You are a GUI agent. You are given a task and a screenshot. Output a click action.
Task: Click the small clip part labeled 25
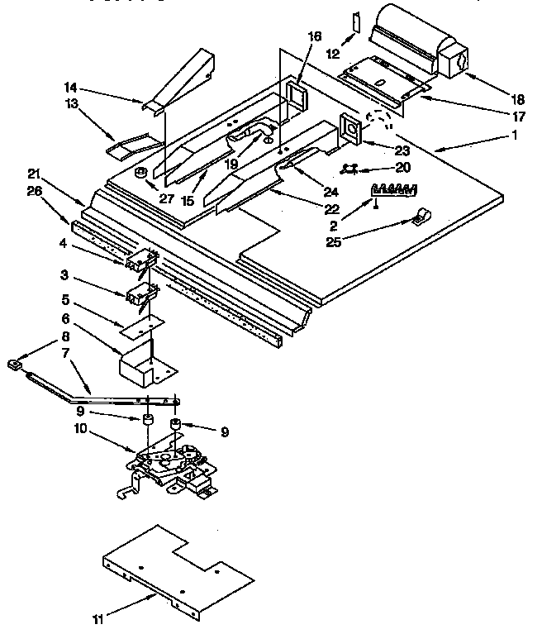[x=421, y=217]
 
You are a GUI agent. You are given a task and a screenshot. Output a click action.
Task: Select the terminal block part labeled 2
[x=392, y=189]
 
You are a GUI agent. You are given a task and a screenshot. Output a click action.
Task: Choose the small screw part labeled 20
[x=349, y=169]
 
